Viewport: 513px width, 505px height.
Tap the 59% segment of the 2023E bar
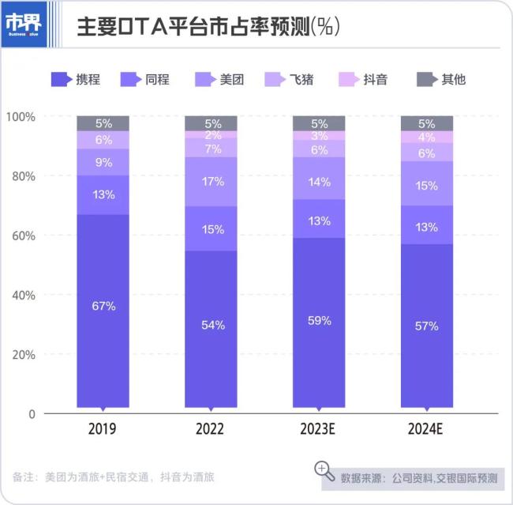click(319, 322)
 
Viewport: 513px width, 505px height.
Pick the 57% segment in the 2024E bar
click(427, 325)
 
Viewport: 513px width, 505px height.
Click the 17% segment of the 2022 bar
click(211, 181)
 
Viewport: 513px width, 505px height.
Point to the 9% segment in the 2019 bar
click(103, 162)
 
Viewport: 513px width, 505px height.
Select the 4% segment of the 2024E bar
click(427, 137)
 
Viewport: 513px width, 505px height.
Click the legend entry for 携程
click(77, 79)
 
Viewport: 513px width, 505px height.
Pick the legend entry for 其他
click(441, 79)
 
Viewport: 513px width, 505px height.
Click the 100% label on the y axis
click(21, 117)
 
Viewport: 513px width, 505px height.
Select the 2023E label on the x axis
click(319, 430)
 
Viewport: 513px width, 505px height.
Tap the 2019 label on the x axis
click(103, 430)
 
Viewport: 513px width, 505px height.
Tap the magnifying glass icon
click(324, 470)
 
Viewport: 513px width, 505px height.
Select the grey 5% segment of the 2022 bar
click(211, 123)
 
